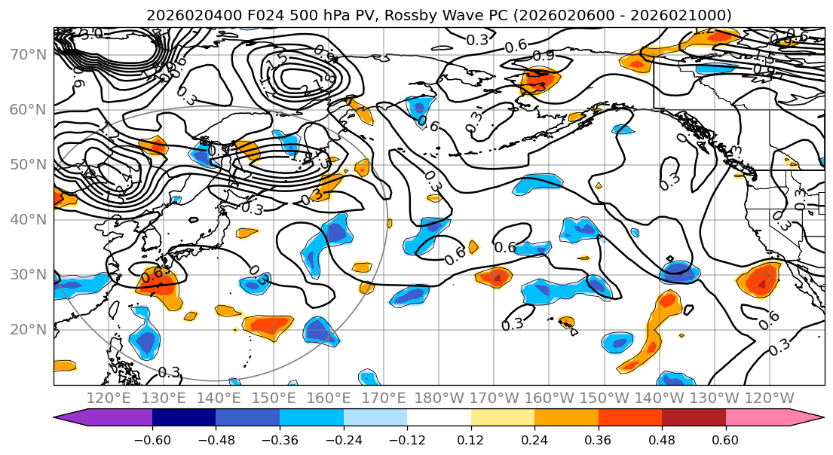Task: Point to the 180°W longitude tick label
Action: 438,397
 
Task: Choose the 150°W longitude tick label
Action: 603,397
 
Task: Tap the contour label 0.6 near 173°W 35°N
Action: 505,247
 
